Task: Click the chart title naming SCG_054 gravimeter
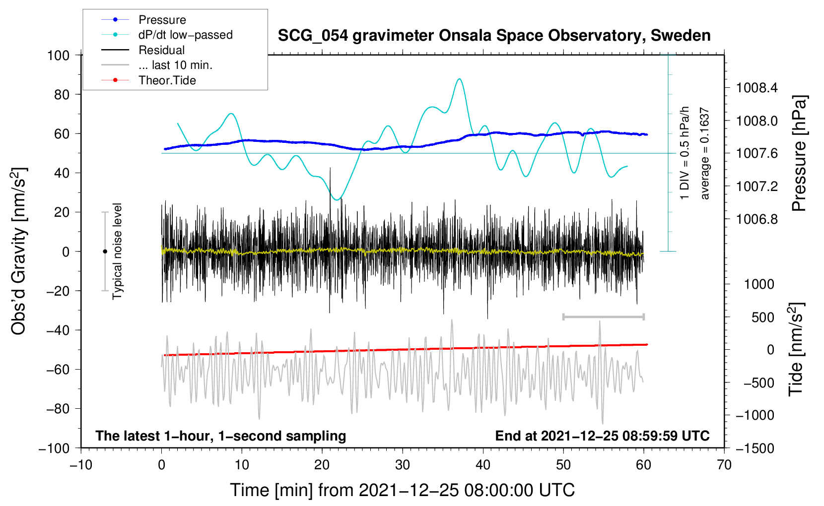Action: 494,36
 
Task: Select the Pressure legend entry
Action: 144,19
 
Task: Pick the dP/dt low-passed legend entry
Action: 167,35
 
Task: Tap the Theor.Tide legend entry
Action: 148,80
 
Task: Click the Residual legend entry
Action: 143,50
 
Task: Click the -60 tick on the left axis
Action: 58,369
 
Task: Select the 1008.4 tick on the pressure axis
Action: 756,88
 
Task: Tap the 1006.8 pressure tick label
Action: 756,219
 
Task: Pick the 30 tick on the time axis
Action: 403,465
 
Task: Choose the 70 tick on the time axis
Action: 724,465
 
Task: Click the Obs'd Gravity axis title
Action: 19,251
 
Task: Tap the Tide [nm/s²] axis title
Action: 796,349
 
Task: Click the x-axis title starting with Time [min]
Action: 403,491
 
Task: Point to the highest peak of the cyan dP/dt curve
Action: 459,79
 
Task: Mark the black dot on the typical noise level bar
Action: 105,252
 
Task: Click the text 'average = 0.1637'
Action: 704,153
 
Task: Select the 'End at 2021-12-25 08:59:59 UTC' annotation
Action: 602,436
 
